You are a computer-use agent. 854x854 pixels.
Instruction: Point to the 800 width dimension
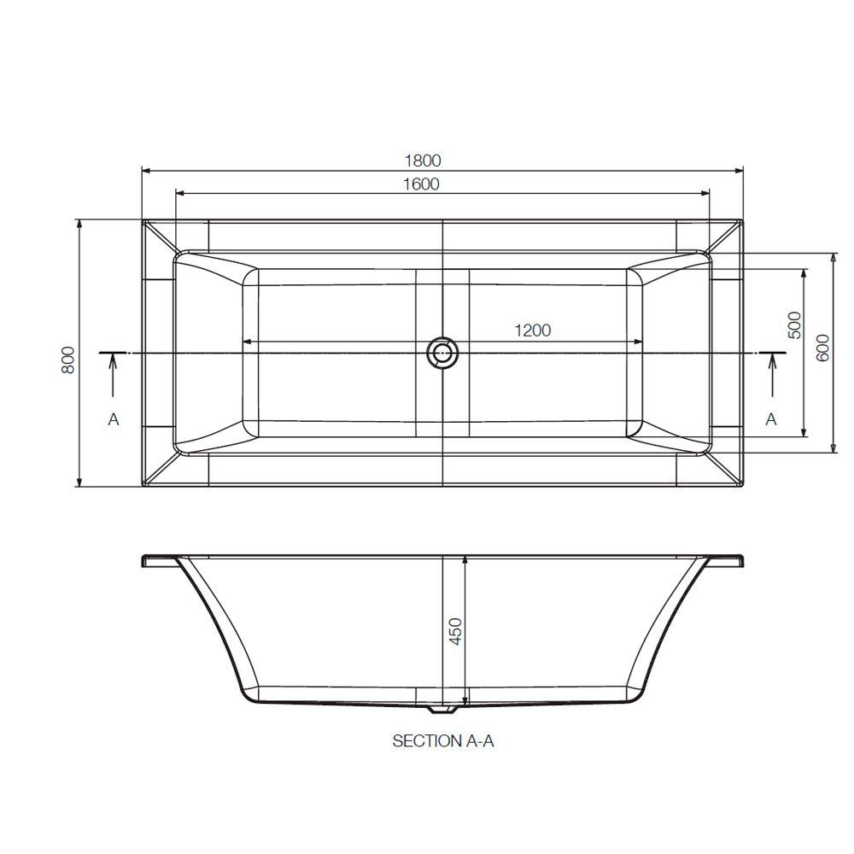tap(67, 360)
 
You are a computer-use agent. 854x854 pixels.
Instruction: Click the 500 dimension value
tap(794, 325)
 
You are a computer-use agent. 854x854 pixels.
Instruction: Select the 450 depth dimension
tap(455, 631)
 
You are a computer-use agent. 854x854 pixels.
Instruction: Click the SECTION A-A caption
tap(443, 741)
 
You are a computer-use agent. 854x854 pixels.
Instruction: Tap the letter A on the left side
tap(114, 419)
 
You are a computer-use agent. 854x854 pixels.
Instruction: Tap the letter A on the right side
tap(771, 419)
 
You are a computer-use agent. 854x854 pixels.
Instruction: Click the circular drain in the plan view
tap(442, 352)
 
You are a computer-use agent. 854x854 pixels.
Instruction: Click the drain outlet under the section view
tap(442, 708)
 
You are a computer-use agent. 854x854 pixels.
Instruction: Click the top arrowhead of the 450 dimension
tap(465, 560)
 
